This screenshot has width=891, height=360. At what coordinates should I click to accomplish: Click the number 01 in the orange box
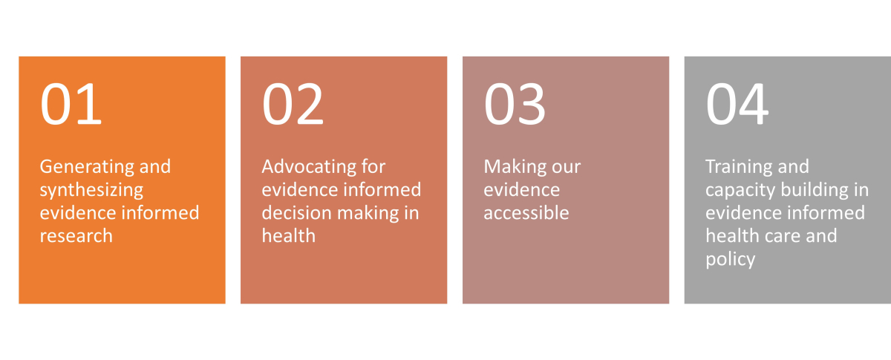click(71, 104)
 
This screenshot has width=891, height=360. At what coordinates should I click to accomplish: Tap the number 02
click(293, 104)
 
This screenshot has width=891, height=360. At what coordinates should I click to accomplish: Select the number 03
click(515, 104)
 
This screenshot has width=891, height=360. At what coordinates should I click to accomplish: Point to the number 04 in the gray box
click(737, 104)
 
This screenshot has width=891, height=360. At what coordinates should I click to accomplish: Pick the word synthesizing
click(91, 190)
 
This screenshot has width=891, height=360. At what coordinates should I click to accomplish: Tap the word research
click(76, 236)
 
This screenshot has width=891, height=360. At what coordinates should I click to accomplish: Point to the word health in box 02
click(289, 235)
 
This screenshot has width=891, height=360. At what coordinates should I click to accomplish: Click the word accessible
click(526, 213)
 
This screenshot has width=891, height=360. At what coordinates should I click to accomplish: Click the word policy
click(731, 260)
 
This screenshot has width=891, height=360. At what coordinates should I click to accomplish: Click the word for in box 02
click(373, 166)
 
